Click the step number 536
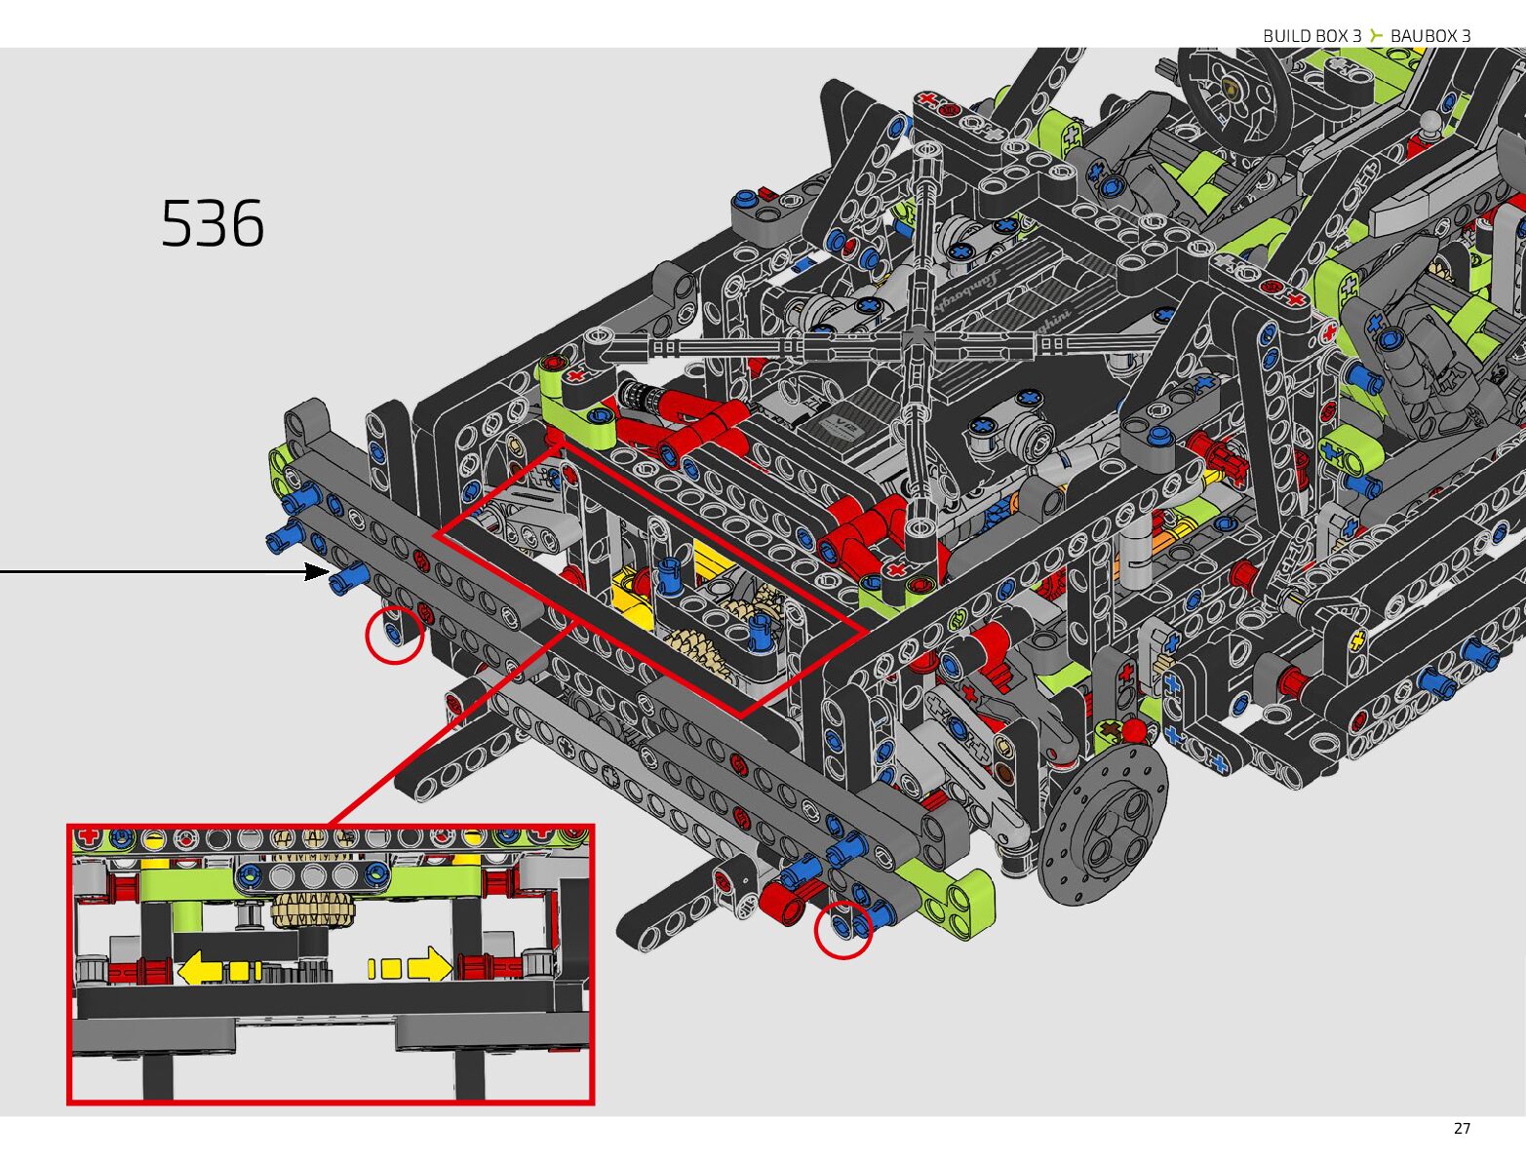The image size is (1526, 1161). click(x=212, y=224)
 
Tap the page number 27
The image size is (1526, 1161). click(x=1462, y=1129)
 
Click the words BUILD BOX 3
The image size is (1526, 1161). click(x=1311, y=36)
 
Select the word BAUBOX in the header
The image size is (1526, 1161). click(x=1423, y=36)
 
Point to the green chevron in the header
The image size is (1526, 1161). click(x=1376, y=35)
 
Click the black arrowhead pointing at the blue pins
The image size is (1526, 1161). click(x=317, y=572)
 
